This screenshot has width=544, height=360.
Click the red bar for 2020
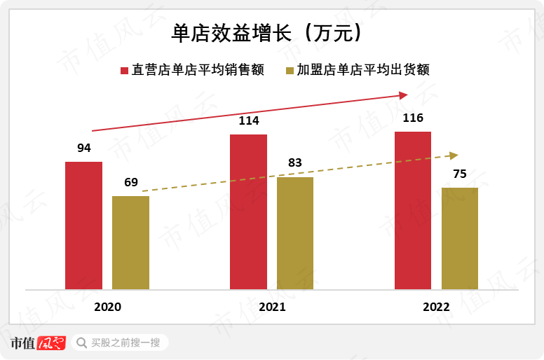pyautogui.click(x=83, y=226)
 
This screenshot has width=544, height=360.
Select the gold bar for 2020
pyautogui.click(x=130, y=242)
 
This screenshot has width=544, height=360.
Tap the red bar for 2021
pyautogui.click(x=248, y=212)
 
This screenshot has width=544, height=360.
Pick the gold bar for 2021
pyautogui.click(x=295, y=233)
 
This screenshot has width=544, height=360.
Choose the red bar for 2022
pyautogui.click(x=413, y=210)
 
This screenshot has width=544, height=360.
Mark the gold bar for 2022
pyautogui.click(x=460, y=238)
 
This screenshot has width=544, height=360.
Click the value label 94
pyautogui.click(x=84, y=148)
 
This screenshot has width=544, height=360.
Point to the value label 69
pyautogui.click(x=131, y=182)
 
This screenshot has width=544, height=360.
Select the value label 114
pyautogui.click(x=249, y=120)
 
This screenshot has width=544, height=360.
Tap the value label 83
pyautogui.click(x=295, y=163)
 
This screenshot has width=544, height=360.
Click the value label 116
pyautogui.click(x=413, y=118)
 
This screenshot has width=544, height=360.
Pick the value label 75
pyautogui.click(x=460, y=174)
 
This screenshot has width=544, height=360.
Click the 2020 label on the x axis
pyautogui.click(x=107, y=307)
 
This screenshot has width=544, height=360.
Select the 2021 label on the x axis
pyautogui.click(x=272, y=307)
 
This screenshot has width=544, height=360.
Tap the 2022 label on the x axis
pyautogui.click(x=436, y=307)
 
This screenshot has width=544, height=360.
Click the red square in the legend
pyautogui.click(x=124, y=70)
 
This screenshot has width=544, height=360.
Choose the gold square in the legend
pyautogui.click(x=290, y=70)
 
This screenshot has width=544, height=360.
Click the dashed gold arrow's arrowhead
pyautogui.click(x=454, y=155)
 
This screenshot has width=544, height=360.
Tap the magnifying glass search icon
pyautogui.click(x=81, y=342)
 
